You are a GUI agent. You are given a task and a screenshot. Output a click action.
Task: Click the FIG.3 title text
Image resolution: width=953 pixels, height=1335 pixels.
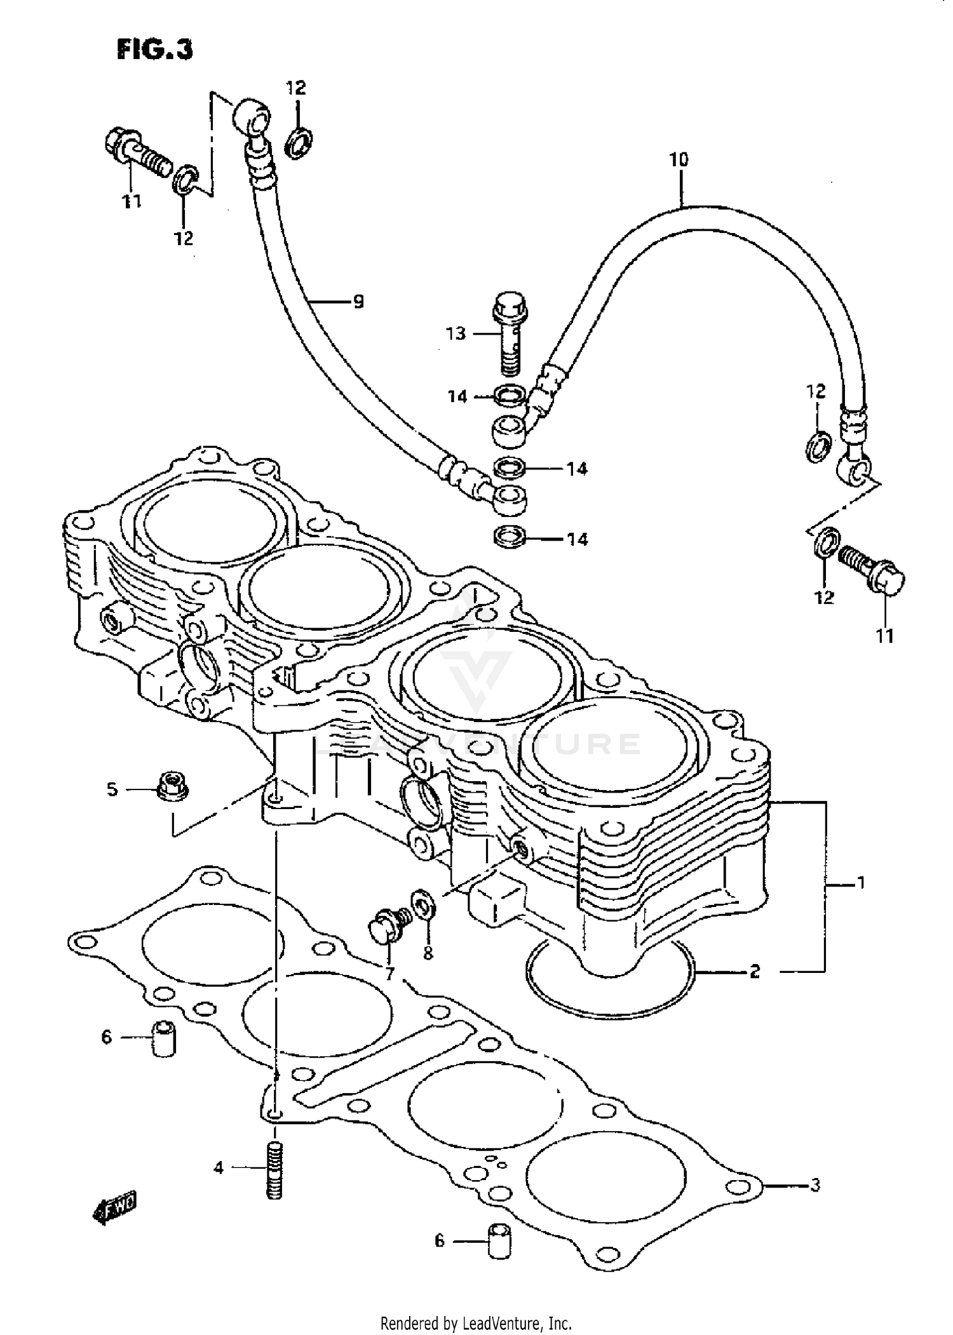(x=154, y=49)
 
